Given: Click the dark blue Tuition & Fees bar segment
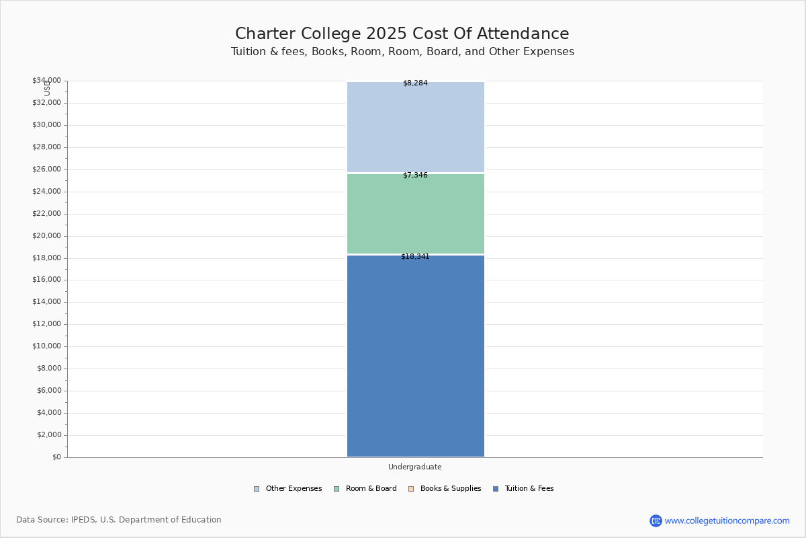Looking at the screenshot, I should pos(415,356).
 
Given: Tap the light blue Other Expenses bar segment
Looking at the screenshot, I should pos(415,128).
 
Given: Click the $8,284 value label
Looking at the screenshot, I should pos(415,83).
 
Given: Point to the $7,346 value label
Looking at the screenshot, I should pos(415,176).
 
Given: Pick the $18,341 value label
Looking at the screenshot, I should pos(415,257).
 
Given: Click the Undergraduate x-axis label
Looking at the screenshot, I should pos(415,467).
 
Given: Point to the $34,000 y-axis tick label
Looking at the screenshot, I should pos(46,81).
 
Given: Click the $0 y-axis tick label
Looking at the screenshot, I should pos(56,457).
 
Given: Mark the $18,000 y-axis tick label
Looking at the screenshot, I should pos(46,258).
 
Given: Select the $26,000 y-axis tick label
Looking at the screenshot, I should pos(46,169).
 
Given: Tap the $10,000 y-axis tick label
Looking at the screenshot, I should pos(46,346).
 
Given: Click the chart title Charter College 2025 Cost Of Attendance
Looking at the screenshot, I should pos(402,34).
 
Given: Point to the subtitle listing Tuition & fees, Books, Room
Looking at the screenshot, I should pos(402,52).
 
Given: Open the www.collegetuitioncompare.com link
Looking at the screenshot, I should pos(727,521).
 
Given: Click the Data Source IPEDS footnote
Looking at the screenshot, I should pos(119,520).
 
